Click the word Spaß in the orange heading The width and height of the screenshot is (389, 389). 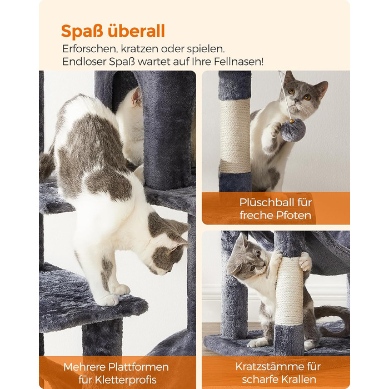[x=82, y=32]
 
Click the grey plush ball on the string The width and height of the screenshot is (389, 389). [x=293, y=130]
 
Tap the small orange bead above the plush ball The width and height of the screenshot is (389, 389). [x=292, y=121]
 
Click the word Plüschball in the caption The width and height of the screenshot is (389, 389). [x=264, y=202]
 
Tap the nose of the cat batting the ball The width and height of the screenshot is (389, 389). [x=296, y=101]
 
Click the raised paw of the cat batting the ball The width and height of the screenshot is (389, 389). [x=276, y=129]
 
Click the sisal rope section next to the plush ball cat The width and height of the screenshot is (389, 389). [x=235, y=136]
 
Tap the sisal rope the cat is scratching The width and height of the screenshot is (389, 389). [x=290, y=292]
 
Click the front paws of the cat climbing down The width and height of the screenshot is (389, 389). [x=113, y=295]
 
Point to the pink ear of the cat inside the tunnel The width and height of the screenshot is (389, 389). [x=137, y=97]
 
